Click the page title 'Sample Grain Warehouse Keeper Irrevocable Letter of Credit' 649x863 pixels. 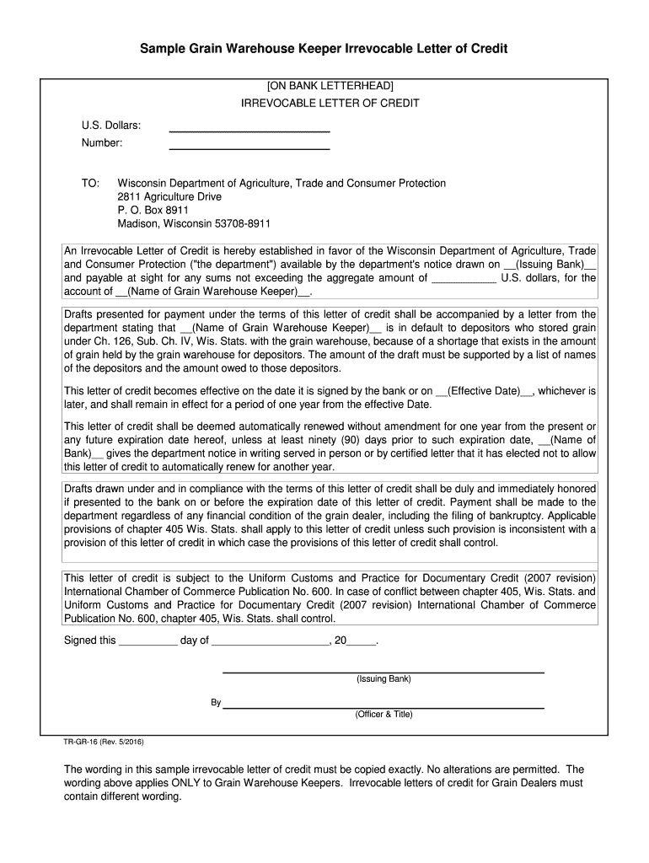(x=324, y=49)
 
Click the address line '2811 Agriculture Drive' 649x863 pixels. (x=169, y=196)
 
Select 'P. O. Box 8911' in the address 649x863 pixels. (x=153, y=210)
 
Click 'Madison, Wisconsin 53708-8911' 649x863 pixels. (x=194, y=223)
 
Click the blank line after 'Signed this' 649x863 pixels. (x=147, y=641)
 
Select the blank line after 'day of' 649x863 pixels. (x=271, y=641)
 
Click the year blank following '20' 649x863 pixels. (x=362, y=641)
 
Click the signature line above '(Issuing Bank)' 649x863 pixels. (x=383, y=671)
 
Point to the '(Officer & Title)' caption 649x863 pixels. (x=383, y=714)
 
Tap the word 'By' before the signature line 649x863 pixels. (x=216, y=702)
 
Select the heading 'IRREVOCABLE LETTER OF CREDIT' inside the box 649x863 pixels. (x=330, y=104)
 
